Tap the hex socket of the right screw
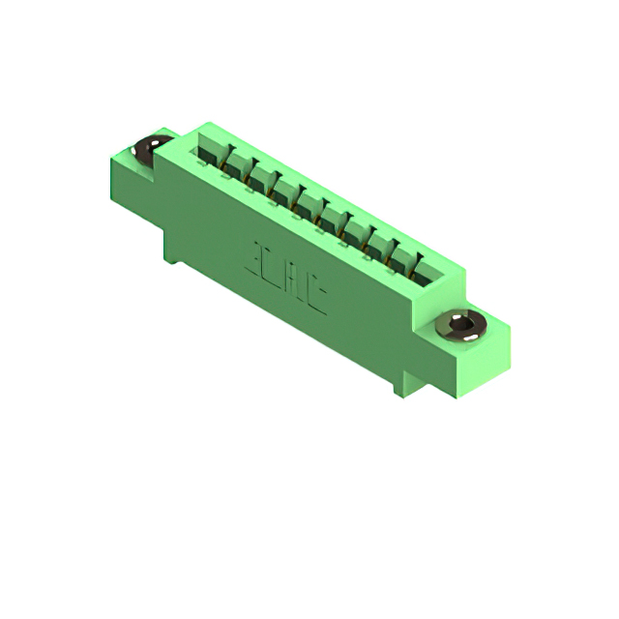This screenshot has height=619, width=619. pos(462,324)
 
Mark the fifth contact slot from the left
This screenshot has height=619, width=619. pos(309,205)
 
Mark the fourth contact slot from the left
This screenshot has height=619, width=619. pos(285,192)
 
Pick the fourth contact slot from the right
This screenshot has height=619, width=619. pos(356,231)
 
